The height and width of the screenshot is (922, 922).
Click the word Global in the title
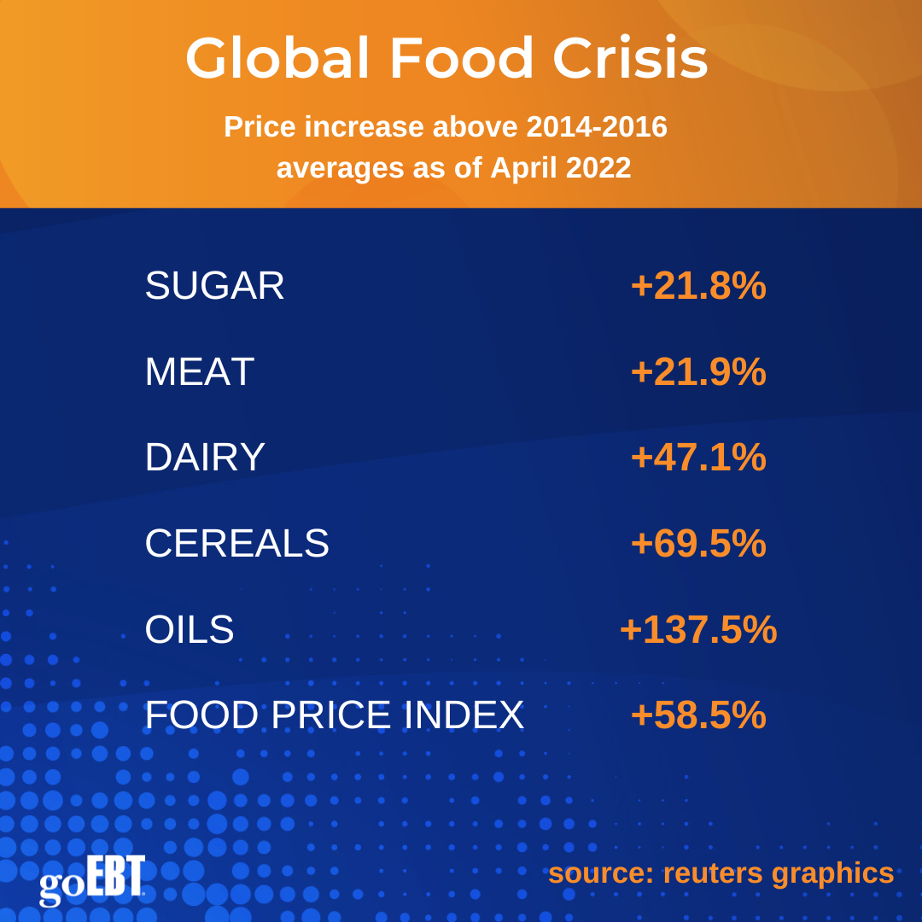[x=277, y=59]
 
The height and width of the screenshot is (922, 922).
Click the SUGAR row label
[x=214, y=286]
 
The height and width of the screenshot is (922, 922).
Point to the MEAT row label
[x=199, y=372]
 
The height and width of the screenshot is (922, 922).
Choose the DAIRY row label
[x=205, y=458]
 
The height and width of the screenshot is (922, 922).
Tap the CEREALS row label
[x=236, y=544]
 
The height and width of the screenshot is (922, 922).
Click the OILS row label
[x=190, y=630]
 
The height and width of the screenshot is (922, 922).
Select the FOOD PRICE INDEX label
[x=334, y=715]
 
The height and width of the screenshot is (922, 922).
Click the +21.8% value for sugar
[x=698, y=286]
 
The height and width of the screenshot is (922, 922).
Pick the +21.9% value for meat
[x=698, y=372]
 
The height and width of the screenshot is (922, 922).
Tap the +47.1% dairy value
[x=698, y=458]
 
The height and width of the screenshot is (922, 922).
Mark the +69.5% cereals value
[x=698, y=544]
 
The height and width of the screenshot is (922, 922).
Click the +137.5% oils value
[x=698, y=630]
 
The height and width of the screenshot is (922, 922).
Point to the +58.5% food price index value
[x=698, y=715]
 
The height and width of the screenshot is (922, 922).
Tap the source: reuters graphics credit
[x=721, y=872]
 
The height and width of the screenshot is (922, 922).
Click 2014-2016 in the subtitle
[x=597, y=127]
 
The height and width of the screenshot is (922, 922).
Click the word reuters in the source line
[x=713, y=872]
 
